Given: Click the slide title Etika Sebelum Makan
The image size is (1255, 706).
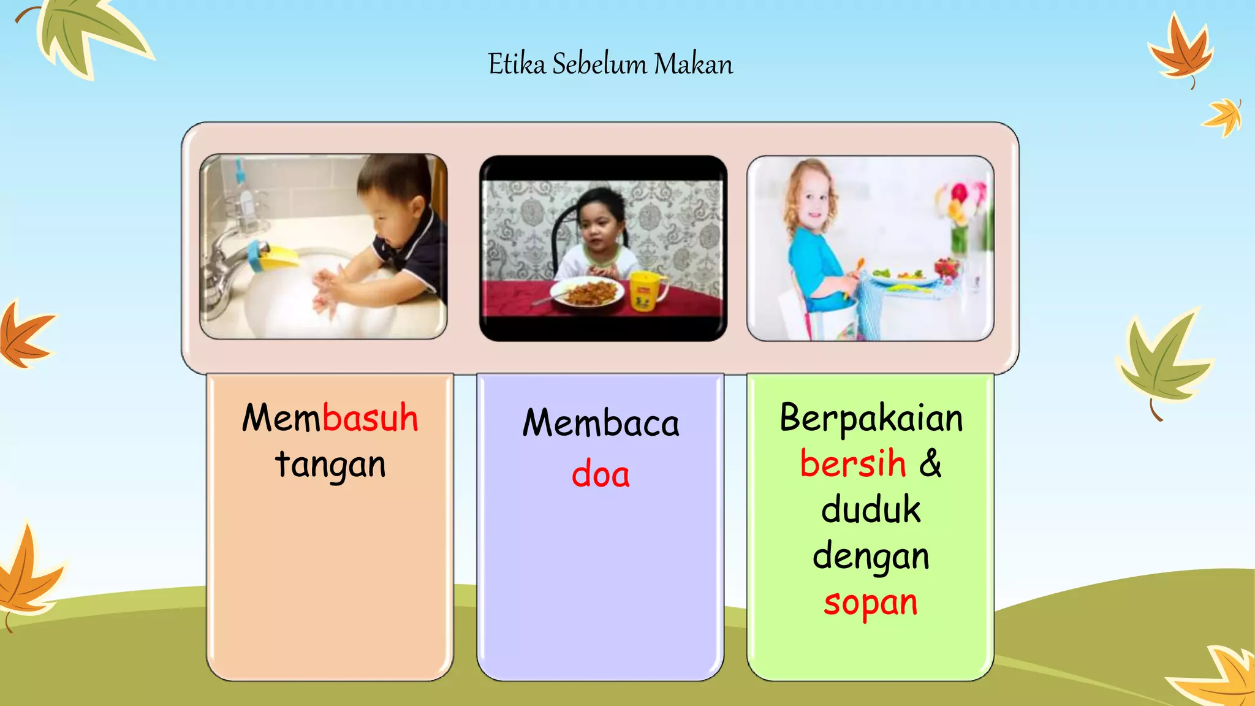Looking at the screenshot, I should tap(610, 64).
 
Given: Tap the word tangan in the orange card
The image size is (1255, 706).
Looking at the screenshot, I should tap(330, 465).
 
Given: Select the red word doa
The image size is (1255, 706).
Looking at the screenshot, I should tap(601, 474).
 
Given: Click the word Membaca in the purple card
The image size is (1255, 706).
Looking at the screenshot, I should tap(601, 423).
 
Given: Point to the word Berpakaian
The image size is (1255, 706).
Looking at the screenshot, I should tap(871, 419).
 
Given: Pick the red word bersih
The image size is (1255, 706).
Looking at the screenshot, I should tap(852, 463).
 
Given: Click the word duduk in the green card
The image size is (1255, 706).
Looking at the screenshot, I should tap(871, 510).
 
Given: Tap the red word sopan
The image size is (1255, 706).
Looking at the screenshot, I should tap(871, 603).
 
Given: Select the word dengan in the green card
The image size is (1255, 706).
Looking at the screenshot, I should tap(871, 557).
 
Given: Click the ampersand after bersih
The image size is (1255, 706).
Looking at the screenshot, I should tap(930, 463).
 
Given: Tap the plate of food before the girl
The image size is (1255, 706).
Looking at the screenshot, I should tap(587, 292).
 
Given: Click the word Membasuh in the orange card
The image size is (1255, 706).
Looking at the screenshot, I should tap(330, 419).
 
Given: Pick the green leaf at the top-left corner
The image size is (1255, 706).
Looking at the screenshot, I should tap(92, 34).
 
